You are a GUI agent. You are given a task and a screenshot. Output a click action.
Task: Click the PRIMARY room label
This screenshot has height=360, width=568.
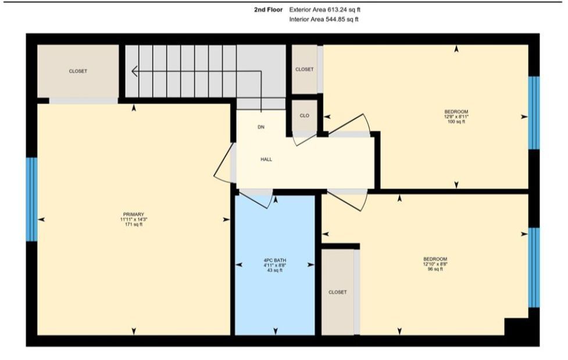134,215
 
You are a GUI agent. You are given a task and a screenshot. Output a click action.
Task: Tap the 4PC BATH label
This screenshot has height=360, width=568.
275,261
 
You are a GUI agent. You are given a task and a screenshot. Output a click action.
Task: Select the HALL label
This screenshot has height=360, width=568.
266,159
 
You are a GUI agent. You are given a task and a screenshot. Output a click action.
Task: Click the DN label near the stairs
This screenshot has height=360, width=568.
261,127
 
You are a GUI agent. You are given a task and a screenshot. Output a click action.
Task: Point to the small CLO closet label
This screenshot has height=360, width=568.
304,116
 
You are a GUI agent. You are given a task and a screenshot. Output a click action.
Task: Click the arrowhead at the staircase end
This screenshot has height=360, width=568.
134,71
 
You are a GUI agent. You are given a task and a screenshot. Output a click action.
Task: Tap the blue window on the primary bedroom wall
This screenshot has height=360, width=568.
31,199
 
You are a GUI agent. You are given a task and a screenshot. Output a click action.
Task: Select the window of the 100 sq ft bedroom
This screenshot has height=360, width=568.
534,113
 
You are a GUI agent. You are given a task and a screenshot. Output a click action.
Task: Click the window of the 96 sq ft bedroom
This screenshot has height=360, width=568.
534,268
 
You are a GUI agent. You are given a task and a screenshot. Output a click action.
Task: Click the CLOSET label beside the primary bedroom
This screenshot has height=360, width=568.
78,72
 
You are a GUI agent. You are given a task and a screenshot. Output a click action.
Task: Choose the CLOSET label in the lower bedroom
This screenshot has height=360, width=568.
338,292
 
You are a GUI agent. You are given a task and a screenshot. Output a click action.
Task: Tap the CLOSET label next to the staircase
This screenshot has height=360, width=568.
304,69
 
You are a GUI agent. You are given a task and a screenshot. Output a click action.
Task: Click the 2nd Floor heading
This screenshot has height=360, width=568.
269,10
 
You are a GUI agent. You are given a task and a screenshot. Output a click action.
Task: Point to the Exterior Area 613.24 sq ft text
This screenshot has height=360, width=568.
325,10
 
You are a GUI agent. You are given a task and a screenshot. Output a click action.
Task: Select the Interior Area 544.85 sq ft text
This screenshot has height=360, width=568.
324,20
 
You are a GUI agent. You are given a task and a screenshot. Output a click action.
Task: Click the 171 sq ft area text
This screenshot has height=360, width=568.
134,224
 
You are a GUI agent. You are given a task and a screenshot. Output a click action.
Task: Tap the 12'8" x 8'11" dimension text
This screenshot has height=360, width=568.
456,117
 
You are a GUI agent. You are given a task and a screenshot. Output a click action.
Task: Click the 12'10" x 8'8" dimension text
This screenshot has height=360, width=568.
435,264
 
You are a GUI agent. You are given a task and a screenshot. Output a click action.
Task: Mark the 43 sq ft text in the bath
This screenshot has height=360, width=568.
275,270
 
